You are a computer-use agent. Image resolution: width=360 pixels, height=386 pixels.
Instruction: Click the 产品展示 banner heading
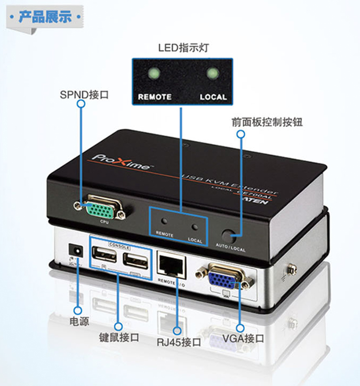[45, 18]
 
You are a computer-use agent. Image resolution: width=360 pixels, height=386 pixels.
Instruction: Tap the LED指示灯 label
[183, 47]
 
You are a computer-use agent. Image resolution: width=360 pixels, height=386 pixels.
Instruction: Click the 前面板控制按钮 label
[267, 122]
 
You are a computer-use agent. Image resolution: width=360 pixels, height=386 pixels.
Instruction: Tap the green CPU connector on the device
[101, 209]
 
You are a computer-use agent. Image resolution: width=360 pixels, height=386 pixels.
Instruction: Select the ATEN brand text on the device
[260, 199]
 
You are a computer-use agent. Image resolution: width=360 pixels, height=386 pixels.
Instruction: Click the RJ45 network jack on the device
[171, 265]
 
